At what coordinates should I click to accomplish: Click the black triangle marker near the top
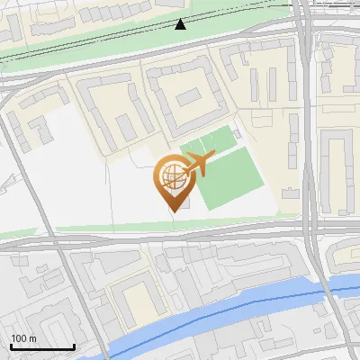pyautogui.click(x=181, y=24)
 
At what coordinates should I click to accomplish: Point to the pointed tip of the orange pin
pyautogui.click(x=172, y=211)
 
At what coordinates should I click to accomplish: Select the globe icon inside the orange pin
pyautogui.click(x=171, y=175)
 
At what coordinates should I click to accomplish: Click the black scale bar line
pyautogui.click(x=42, y=347)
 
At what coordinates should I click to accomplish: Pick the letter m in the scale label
pyautogui.click(x=32, y=338)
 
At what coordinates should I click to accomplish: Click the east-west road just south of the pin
pyautogui.click(x=180, y=240)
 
